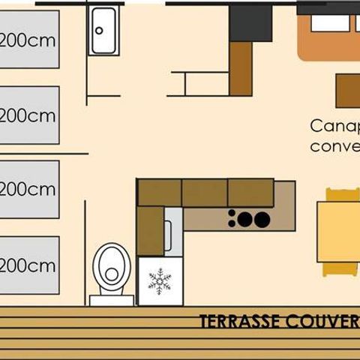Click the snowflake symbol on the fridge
(x=160, y=281)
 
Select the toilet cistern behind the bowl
(x=111, y=300)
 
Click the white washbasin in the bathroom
(x=103, y=31)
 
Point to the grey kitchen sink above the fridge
(x=173, y=232)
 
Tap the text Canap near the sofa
(x=334, y=125)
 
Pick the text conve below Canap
(x=334, y=145)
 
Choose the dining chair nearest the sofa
(x=342, y=194)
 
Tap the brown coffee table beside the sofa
(x=348, y=91)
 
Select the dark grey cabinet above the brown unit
(x=250, y=22)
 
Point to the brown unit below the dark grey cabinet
(x=241, y=68)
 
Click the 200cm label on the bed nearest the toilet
(x=28, y=265)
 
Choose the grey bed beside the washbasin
(x=28, y=40)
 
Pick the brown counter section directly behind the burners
(x=250, y=193)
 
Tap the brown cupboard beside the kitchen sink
(x=150, y=231)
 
